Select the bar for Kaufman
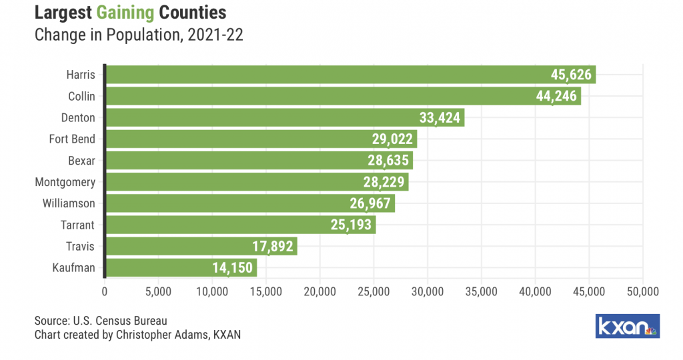point(180,268)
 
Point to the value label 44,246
point(557,97)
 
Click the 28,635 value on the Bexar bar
point(389,161)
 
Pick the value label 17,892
point(273,247)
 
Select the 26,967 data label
point(371,204)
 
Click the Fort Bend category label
point(72,139)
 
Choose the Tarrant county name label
point(77,225)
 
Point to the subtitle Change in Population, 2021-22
point(138,35)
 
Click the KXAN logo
point(627,326)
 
